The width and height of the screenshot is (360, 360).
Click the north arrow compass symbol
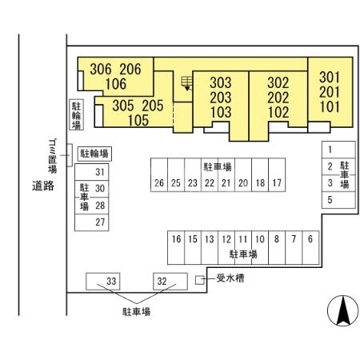(342, 310)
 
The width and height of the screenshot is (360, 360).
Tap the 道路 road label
(43, 186)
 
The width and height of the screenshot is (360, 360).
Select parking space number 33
(103, 282)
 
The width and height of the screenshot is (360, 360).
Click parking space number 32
(170, 282)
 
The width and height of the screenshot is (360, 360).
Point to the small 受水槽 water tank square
(200, 280)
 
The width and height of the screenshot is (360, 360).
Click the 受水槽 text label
(230, 278)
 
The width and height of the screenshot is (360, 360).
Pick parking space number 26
(159, 174)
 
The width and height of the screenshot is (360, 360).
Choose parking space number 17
(277, 174)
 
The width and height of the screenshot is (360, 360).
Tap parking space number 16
(176, 247)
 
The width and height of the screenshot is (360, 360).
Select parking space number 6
(310, 247)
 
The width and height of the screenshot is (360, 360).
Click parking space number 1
(338, 150)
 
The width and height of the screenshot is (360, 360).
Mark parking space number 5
(338, 200)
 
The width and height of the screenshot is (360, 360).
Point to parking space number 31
(92, 172)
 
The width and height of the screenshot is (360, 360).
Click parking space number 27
(92, 222)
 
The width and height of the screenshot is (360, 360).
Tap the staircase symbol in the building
(186, 83)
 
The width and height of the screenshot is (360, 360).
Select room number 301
(330, 78)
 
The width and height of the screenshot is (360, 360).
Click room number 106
(116, 84)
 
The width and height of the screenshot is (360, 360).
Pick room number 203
(221, 98)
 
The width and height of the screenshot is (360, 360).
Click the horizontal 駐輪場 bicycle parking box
(94, 154)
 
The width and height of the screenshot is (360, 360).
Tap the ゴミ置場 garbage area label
(53, 156)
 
